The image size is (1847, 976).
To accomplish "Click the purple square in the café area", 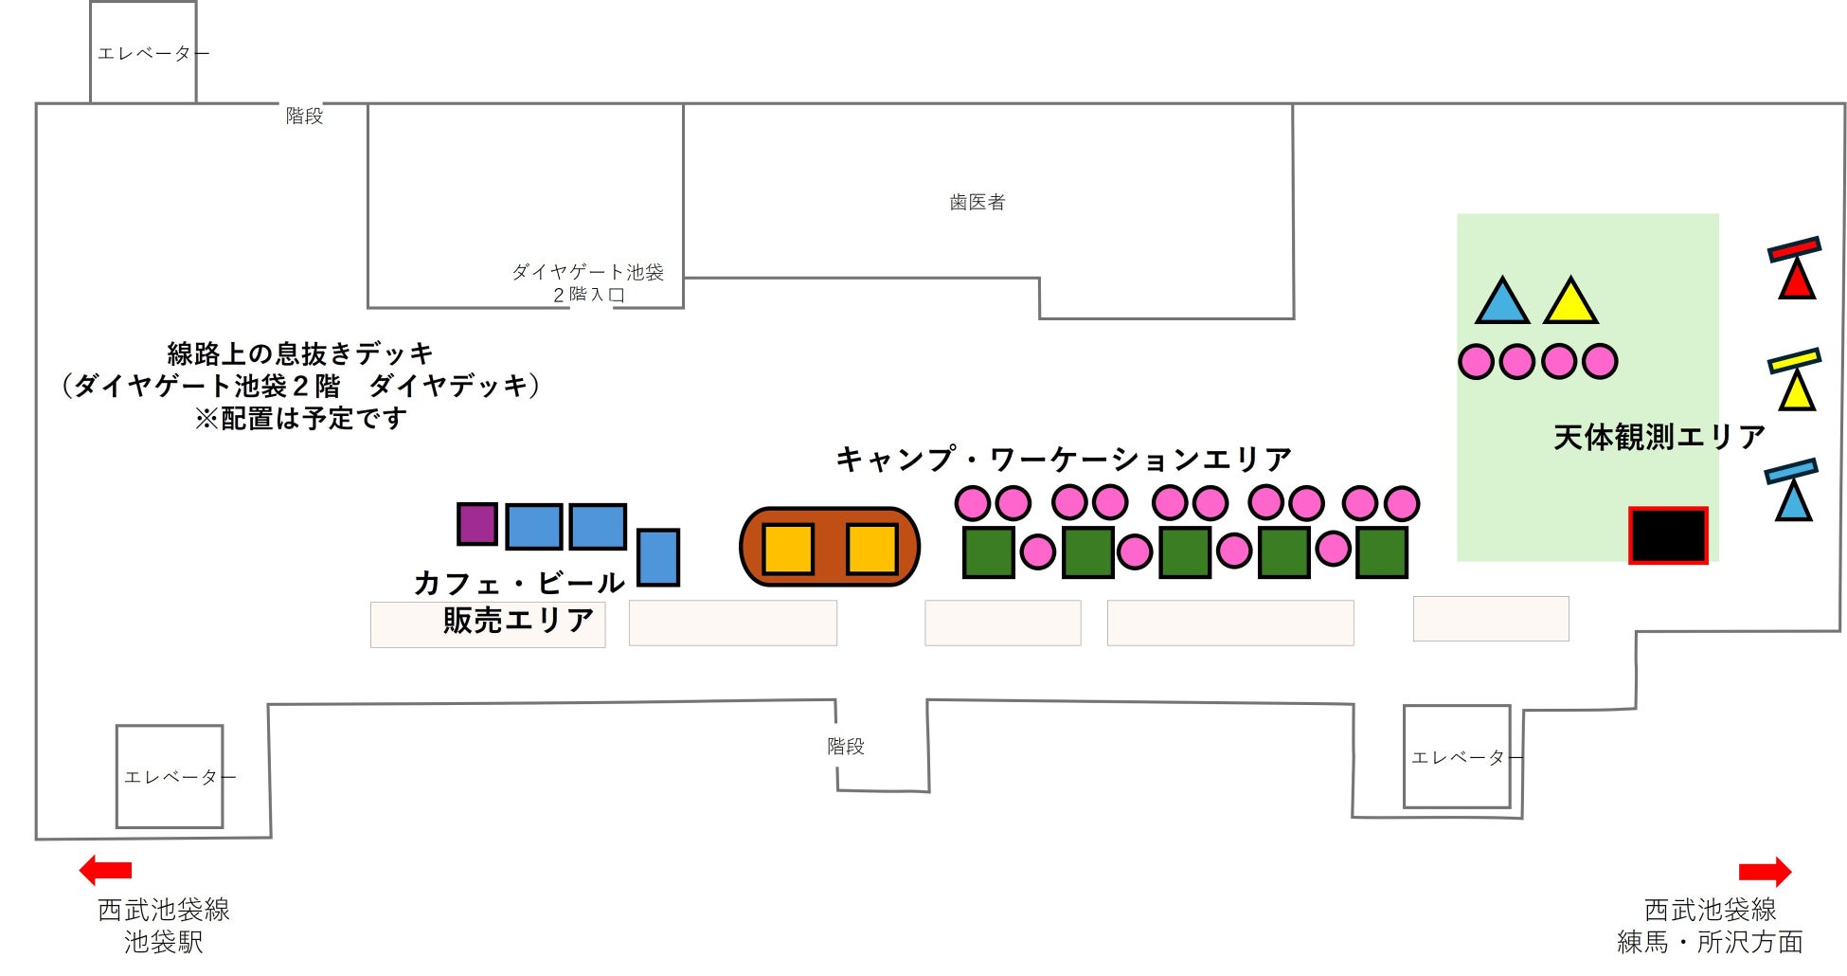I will [x=477, y=524].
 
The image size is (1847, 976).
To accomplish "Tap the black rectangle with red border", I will [x=1668, y=535].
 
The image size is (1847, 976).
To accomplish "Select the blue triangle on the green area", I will [x=1502, y=303].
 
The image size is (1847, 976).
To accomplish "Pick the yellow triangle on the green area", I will [x=1570, y=303].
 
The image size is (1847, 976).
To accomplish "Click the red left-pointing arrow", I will [x=105, y=870].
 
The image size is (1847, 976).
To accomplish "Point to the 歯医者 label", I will [x=977, y=202].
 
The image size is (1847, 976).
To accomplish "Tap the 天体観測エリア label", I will [x=1659, y=437].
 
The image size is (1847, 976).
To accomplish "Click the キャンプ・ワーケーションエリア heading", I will [x=1063, y=460].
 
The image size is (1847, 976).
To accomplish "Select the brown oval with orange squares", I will [x=830, y=548].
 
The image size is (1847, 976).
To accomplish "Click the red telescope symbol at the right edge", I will [x=1795, y=269].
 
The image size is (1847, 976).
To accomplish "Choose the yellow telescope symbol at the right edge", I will [x=1795, y=380].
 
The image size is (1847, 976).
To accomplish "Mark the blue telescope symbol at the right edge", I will [x=1792, y=491].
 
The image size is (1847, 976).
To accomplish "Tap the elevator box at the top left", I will [x=143, y=53].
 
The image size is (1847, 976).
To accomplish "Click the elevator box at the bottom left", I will [x=170, y=776].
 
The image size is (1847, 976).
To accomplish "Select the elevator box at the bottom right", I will [x=1457, y=756].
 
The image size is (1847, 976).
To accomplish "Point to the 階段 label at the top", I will [x=304, y=116].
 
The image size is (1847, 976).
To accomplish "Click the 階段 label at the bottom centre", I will [x=845, y=747].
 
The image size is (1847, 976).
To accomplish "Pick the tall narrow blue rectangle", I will [x=658, y=557].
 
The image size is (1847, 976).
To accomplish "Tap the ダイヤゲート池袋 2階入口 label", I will [x=587, y=282].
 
